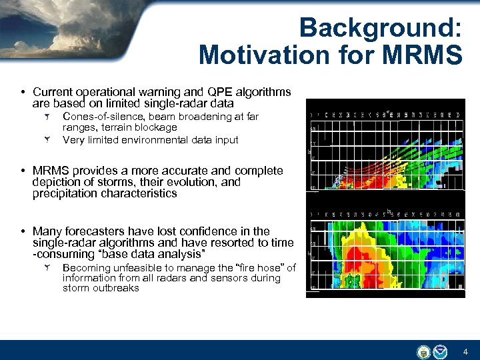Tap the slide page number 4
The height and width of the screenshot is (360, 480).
point(465,351)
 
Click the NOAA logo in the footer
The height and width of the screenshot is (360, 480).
point(441,351)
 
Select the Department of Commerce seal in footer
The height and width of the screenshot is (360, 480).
point(423,351)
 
